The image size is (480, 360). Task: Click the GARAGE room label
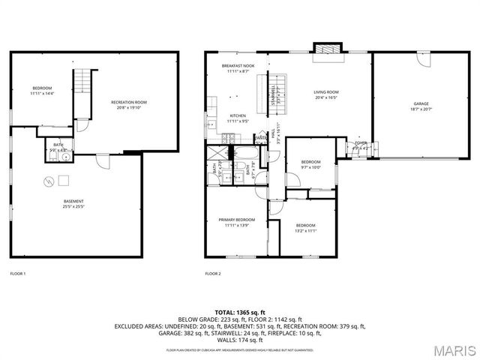421,103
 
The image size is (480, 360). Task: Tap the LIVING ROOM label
326,92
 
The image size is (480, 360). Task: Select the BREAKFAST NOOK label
238,66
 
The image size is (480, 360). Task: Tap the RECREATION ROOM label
129,102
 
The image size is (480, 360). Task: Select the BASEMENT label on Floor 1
73,201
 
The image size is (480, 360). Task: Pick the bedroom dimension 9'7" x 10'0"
310,167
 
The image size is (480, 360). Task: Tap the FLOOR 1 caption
17,274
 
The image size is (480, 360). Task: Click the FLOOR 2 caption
213,274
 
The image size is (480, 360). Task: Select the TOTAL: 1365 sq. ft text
240,311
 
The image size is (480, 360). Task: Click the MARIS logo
454,350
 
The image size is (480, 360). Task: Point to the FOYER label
361,142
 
